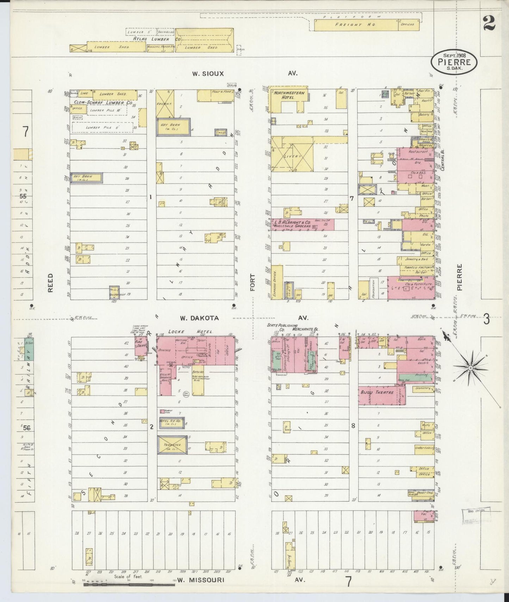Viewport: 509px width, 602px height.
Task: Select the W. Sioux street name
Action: point(208,74)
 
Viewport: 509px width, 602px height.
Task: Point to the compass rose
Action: point(470,368)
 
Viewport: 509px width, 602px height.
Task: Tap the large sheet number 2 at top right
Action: point(489,24)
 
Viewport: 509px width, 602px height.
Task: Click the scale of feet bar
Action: point(129,585)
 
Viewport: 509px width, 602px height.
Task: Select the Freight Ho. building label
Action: point(355,25)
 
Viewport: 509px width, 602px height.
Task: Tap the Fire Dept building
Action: point(141,345)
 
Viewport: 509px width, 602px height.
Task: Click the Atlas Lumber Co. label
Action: point(163,39)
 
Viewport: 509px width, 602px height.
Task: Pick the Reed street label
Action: point(50,282)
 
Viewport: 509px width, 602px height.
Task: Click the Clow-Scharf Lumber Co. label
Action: point(103,103)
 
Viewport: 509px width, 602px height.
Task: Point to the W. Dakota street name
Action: point(199,318)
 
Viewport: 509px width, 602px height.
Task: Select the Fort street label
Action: point(252,282)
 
